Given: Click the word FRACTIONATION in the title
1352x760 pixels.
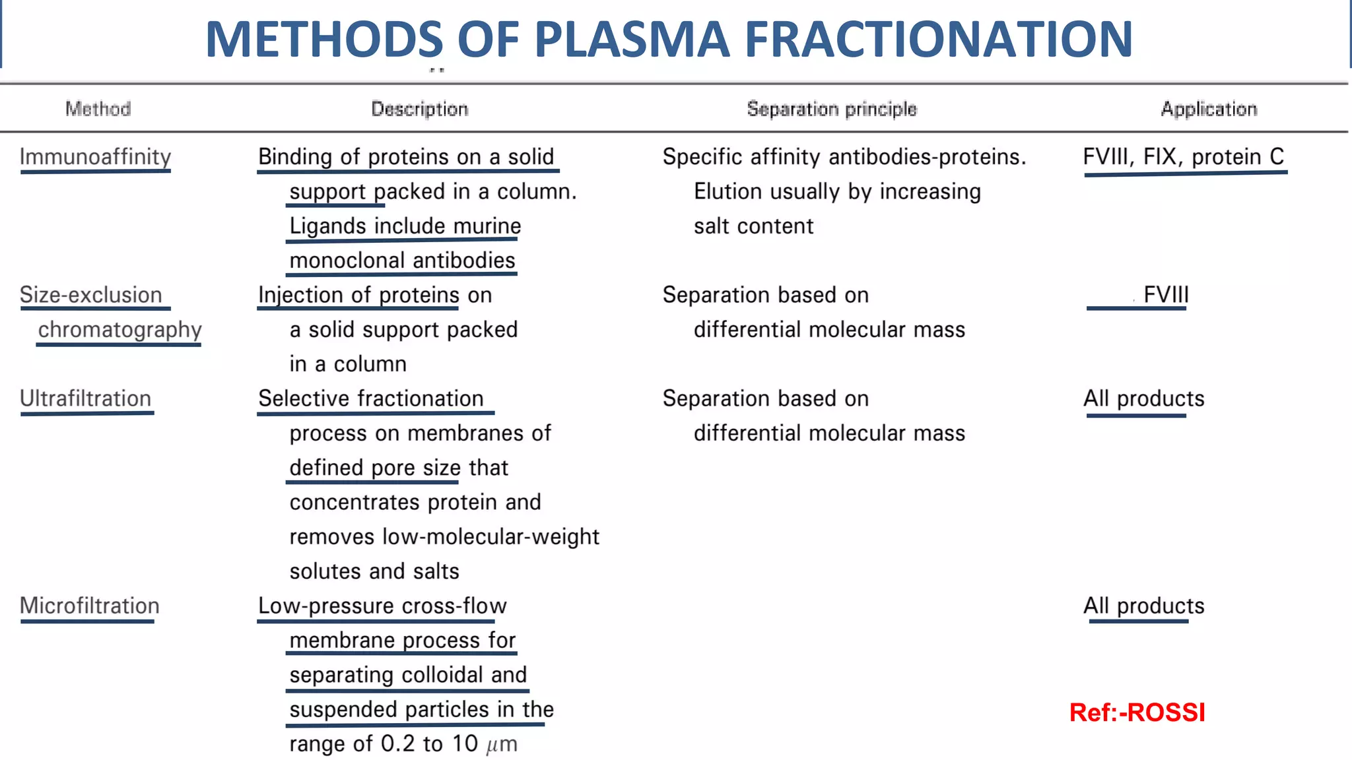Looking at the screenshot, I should click(x=938, y=40).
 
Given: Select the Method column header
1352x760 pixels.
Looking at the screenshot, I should click(x=98, y=109).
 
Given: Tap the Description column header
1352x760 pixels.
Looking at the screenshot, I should click(x=419, y=109).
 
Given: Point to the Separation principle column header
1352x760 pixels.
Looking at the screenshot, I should click(x=832, y=109).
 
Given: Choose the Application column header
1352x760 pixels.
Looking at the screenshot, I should click(x=1209, y=109).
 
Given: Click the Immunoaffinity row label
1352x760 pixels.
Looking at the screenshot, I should click(x=95, y=157).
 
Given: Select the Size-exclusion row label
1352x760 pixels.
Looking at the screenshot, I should click(x=90, y=295).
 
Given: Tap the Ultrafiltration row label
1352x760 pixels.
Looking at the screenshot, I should click(x=85, y=398).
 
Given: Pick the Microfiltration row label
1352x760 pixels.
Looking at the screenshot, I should click(x=89, y=606).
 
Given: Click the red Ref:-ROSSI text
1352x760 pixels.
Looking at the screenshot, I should click(x=1137, y=712).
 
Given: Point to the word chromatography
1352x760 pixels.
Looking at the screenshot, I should click(x=119, y=329).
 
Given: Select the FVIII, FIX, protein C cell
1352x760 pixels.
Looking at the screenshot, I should click(x=1183, y=157).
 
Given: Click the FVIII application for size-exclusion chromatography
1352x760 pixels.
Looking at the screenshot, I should click(x=1166, y=295).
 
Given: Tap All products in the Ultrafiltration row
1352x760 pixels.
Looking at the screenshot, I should click(x=1143, y=398).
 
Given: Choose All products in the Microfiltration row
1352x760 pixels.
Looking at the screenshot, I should click(x=1143, y=606).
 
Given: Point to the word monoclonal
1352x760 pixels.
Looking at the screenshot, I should click(x=347, y=261).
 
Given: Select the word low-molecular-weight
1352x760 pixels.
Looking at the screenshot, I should click(x=490, y=537).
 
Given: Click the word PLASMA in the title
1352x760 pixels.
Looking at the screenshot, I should click(x=632, y=40).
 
